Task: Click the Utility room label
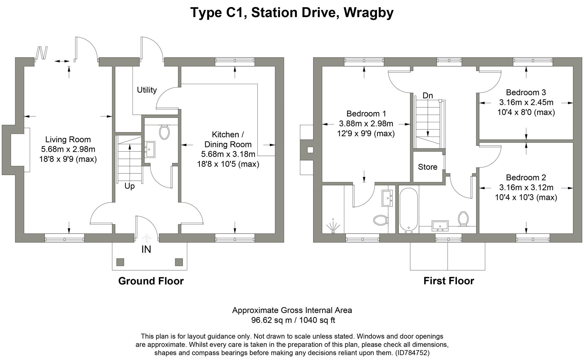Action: pyautogui.click(x=147, y=90)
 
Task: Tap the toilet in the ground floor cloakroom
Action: pyautogui.click(x=164, y=132)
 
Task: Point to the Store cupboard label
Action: pyautogui.click(x=427, y=167)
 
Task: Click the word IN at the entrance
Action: pyautogui.click(x=146, y=250)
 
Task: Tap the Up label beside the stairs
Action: pyautogui.click(x=129, y=186)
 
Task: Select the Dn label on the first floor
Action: pyautogui.click(x=427, y=96)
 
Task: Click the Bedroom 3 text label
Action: pyautogui.click(x=526, y=93)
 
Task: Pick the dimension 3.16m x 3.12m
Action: pyautogui.click(x=526, y=187)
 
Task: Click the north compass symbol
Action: pyautogui.click(x=42, y=53)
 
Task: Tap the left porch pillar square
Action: pyautogui.click(x=120, y=262)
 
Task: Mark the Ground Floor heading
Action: pyautogui.click(x=151, y=281)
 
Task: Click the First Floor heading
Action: pyautogui.click(x=449, y=281)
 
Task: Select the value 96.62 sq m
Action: pyautogui.click(x=271, y=321)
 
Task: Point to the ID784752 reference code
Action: pyautogui.click(x=412, y=353)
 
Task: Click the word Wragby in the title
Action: pyautogui.click(x=369, y=13)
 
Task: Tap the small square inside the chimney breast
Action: pyautogui.click(x=310, y=150)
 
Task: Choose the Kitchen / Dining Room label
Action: pyautogui.click(x=228, y=140)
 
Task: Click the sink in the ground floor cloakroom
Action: pyautogui.click(x=150, y=149)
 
